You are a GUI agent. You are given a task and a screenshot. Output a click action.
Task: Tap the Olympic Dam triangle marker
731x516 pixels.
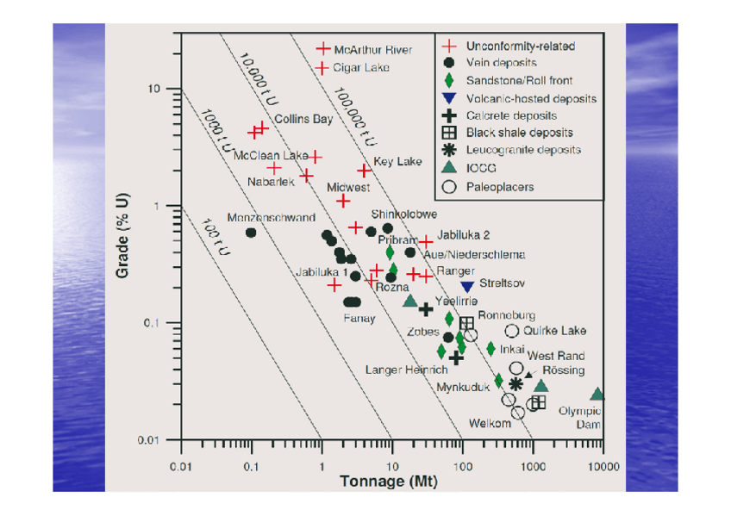(x=597, y=395)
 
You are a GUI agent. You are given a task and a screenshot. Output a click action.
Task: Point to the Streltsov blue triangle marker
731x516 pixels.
(x=467, y=286)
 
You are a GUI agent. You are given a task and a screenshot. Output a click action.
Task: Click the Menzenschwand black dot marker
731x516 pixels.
(x=251, y=233)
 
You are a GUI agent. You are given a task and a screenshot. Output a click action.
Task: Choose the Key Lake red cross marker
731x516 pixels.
(x=364, y=171)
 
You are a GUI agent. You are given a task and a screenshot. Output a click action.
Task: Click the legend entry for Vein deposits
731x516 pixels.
(x=501, y=63)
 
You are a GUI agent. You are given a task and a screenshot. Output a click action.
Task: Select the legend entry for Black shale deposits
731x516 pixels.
(x=519, y=133)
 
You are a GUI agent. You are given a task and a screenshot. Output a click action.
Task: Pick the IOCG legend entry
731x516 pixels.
(x=480, y=167)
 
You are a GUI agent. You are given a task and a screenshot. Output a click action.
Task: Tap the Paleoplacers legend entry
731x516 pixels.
(x=499, y=186)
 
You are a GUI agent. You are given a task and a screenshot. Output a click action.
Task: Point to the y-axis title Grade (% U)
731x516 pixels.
(x=125, y=239)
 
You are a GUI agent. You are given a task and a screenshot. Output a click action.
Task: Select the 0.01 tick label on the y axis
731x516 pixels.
(x=161, y=440)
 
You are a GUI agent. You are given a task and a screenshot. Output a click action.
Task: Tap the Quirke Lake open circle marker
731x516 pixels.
(x=512, y=331)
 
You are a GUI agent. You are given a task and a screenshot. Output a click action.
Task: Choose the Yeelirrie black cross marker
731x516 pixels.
(x=425, y=308)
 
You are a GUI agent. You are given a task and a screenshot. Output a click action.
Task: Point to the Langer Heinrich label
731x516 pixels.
(x=407, y=370)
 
